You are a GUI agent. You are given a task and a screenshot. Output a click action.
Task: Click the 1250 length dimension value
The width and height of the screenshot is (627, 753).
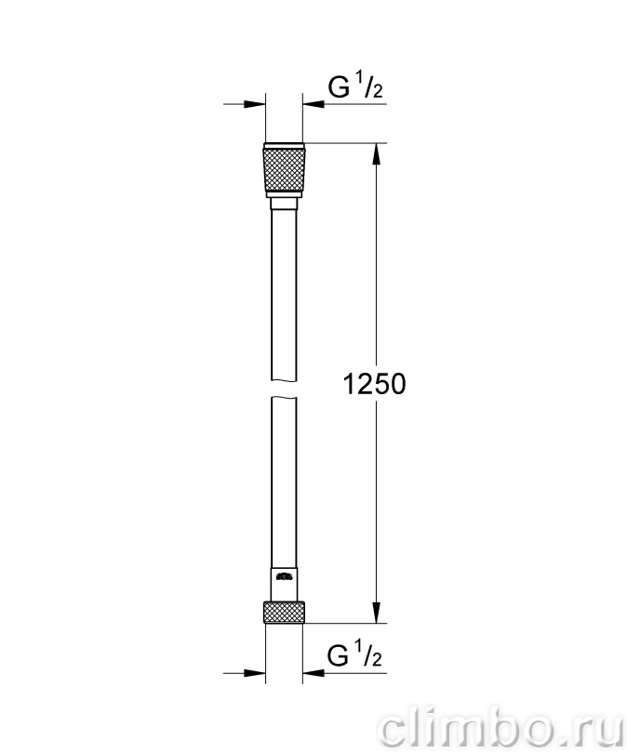[x=375, y=384]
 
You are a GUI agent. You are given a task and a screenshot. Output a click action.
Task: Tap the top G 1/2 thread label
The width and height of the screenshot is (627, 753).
[x=354, y=87]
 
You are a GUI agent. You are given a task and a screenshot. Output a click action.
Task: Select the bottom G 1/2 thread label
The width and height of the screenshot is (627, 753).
[x=354, y=655]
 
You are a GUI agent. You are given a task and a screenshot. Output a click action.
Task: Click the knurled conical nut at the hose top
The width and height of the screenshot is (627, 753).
[x=284, y=169]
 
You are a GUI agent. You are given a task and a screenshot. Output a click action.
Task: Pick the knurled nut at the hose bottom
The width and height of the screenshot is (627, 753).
[x=284, y=612]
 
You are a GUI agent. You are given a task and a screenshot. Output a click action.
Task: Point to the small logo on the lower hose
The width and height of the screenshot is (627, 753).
[x=284, y=575]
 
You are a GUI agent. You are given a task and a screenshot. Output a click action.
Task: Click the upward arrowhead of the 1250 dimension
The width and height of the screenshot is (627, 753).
[x=376, y=154]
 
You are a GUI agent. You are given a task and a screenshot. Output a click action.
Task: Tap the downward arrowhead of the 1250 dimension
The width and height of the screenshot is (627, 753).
[x=376, y=612]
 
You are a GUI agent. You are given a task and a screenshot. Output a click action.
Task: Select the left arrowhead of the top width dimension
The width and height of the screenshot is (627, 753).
[x=254, y=104]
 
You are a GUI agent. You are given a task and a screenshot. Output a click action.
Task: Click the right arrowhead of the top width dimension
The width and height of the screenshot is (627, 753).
[x=313, y=104]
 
